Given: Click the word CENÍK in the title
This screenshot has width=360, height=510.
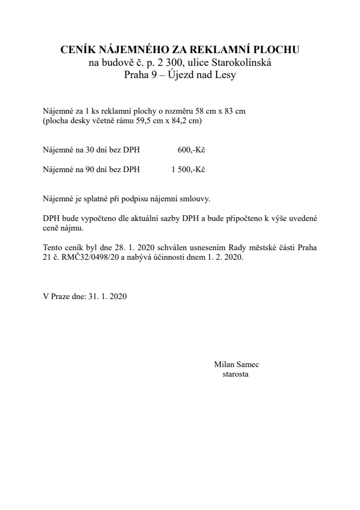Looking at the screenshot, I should click(76, 50).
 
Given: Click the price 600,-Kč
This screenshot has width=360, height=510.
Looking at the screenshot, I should click(191, 150).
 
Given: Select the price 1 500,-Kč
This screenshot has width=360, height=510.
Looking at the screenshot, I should click(188, 170).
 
